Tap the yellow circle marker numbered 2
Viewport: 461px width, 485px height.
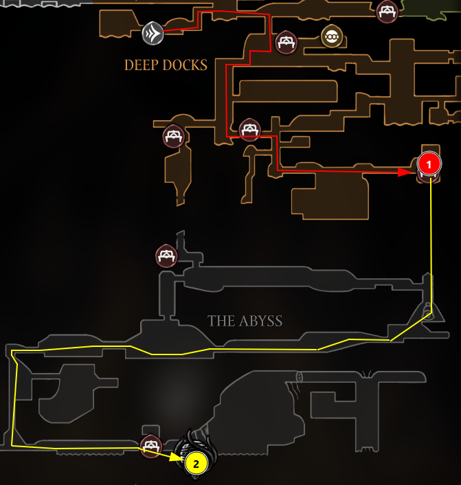click(196, 464)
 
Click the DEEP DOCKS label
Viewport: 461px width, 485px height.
click(166, 65)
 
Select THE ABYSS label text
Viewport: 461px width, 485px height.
click(245, 321)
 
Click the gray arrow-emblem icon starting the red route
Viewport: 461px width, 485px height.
click(153, 32)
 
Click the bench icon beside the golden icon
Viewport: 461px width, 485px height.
click(286, 43)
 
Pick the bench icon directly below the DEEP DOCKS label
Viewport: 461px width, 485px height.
click(173, 135)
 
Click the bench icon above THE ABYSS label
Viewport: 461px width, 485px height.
click(166, 256)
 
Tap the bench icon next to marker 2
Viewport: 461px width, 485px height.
click(150, 445)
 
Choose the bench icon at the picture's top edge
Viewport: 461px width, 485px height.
click(387, 10)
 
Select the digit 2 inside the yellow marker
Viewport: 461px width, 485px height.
click(196, 464)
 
